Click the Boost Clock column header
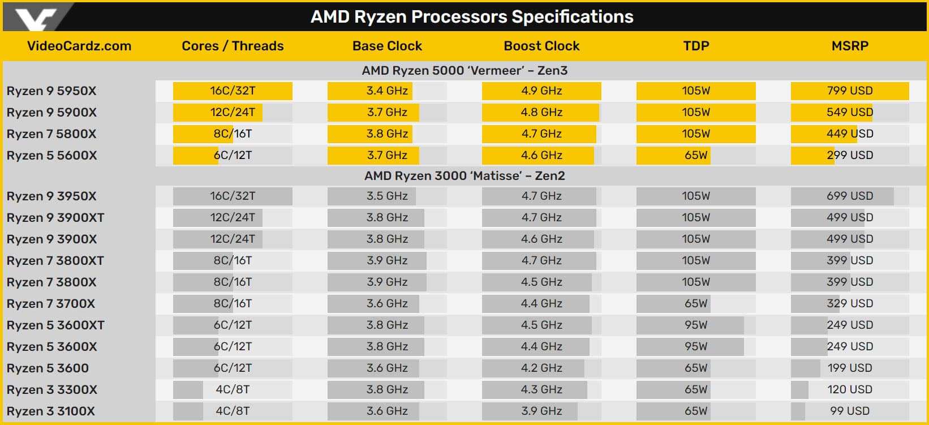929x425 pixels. pos(541,46)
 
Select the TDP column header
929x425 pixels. pos(696,46)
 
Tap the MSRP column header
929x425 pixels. pos(850,46)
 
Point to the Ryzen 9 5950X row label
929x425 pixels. pos(51,91)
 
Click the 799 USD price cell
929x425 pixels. pos(850,91)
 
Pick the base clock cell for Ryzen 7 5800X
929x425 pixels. pos(387,134)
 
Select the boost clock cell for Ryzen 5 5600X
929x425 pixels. pos(541,156)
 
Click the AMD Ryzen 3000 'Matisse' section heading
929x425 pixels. pos(464,176)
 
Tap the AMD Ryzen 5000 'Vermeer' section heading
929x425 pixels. pos(464,71)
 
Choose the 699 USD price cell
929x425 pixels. pos(850,196)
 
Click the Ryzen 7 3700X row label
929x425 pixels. pos(50,303)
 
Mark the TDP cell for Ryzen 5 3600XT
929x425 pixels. pos(696,325)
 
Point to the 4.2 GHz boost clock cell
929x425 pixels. pos(541,368)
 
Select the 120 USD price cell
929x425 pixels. pos(850,390)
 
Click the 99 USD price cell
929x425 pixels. pos(850,411)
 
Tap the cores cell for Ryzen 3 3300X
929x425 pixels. pos(233,390)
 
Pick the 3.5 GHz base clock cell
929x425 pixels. pos(387,196)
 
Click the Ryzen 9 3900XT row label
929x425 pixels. pos(55,218)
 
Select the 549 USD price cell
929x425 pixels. pos(850,113)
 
